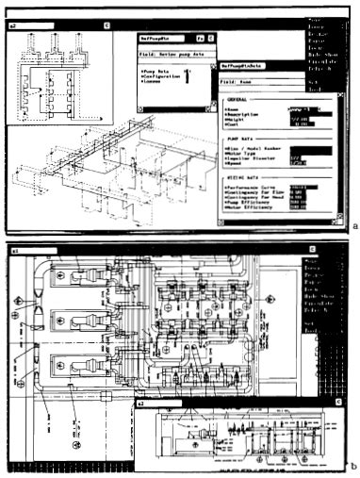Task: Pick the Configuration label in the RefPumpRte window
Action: (x=163, y=78)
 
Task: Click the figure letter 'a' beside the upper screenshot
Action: (x=353, y=227)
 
